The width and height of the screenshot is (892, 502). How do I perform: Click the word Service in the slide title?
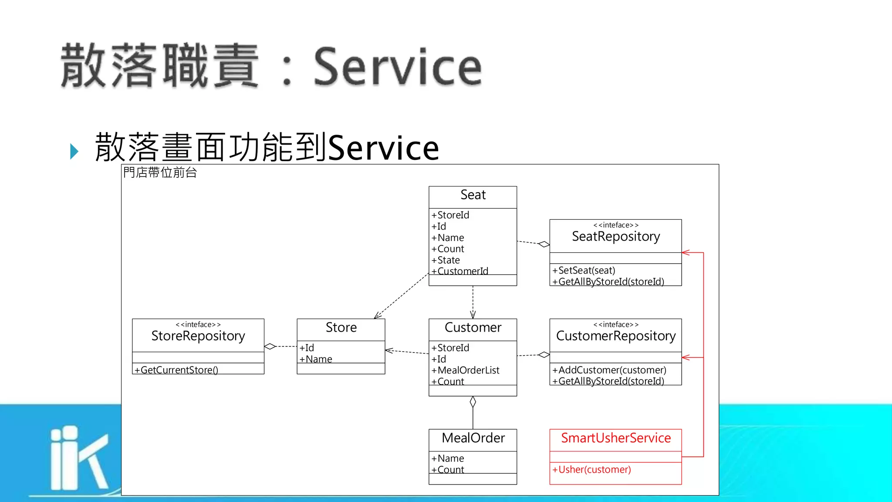click(x=397, y=66)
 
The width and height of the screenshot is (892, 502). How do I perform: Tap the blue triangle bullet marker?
click(x=74, y=151)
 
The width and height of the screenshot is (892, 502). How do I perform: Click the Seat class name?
click(x=473, y=195)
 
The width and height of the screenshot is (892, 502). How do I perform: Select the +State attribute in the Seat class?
click(x=446, y=260)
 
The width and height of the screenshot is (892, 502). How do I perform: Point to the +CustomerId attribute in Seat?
click(x=460, y=271)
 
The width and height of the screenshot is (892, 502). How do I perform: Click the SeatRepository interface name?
click(x=615, y=236)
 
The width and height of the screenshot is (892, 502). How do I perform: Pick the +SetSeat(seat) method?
click(x=584, y=270)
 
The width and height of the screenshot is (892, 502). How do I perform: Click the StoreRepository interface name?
click(x=198, y=336)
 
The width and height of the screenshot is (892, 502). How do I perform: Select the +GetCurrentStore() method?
click(x=176, y=370)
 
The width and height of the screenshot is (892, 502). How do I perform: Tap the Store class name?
click(x=341, y=327)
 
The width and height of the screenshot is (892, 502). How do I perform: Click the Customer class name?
click(x=473, y=327)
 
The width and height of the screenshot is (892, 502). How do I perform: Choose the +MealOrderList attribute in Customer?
click(x=465, y=370)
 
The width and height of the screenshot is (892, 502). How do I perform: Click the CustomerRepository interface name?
click(x=615, y=336)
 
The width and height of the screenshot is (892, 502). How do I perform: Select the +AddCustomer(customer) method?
click(x=609, y=370)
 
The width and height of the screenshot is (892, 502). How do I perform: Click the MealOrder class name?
click(x=473, y=438)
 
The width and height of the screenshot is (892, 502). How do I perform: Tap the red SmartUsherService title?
click(x=615, y=438)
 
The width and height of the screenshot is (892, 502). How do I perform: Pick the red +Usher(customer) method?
click(x=591, y=469)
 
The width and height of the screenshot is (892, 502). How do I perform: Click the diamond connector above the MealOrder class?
click(x=473, y=402)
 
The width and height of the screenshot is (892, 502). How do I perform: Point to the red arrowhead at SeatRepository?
click(x=686, y=252)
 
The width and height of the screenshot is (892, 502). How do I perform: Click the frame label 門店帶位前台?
click(x=160, y=173)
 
